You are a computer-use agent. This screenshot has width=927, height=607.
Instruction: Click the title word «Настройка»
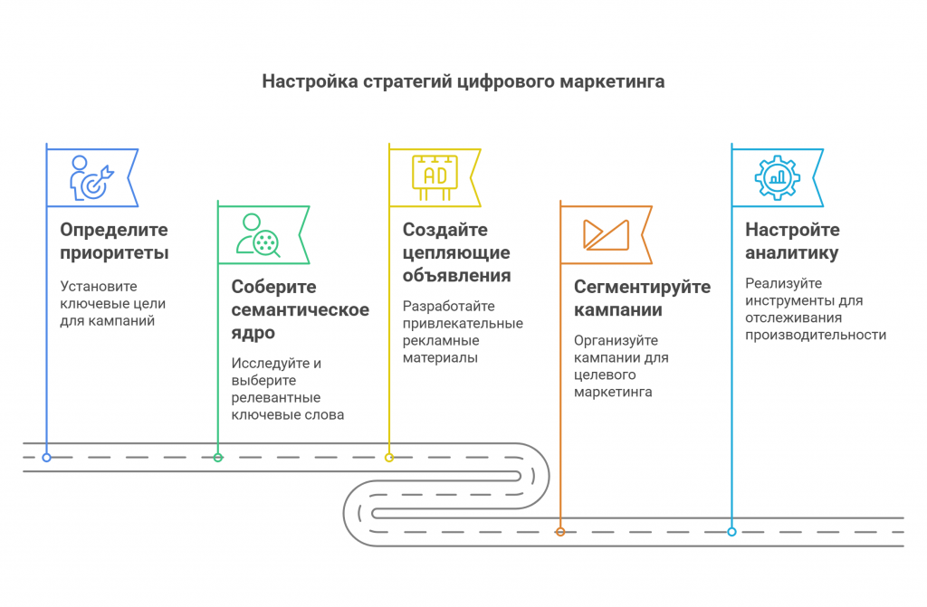coord(311,81)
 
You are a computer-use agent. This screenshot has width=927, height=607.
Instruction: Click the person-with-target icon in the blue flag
coord(91,177)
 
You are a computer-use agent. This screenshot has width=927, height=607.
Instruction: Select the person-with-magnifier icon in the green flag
coord(258,235)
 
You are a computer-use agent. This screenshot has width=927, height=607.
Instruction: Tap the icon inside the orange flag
coord(606,234)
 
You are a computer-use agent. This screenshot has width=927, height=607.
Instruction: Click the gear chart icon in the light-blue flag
coord(778,177)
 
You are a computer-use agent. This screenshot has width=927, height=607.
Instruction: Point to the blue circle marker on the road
coord(47,458)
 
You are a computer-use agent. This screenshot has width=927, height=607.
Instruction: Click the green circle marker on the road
coord(218,458)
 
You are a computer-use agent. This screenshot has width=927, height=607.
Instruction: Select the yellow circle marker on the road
coord(389,458)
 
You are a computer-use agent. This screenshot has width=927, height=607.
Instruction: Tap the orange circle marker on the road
coord(560,532)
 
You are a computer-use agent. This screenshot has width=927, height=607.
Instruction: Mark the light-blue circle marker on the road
coord(731,532)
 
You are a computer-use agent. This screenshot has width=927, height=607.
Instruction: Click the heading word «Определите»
coord(114,230)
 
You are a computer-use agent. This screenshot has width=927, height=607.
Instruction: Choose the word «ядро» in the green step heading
coord(253,333)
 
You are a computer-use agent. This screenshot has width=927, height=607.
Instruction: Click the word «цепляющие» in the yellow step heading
coord(456,253)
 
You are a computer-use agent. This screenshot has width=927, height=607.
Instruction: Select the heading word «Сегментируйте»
coord(643,288)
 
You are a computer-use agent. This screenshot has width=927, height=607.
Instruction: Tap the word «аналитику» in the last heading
coord(791,253)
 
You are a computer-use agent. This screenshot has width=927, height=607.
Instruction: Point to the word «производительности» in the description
coord(816,335)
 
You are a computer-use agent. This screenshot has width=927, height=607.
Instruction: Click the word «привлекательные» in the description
coord(463,323)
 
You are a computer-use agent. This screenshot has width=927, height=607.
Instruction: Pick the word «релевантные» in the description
coord(276,398)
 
